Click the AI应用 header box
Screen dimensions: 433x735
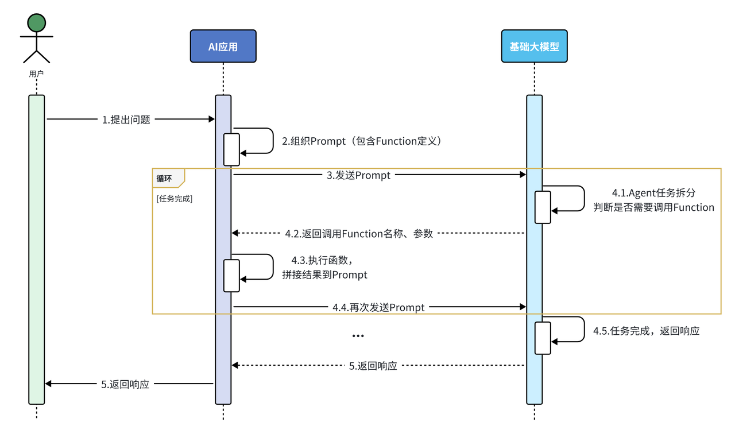(223, 47)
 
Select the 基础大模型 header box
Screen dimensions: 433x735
(534, 47)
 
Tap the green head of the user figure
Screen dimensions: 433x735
(37, 24)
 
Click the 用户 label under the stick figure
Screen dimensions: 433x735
(36, 74)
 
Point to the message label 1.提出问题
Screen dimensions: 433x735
(126, 120)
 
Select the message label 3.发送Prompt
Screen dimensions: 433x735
(359, 175)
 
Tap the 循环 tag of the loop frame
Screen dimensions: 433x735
(165, 179)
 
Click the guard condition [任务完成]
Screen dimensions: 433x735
(174, 199)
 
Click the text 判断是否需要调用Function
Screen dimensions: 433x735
(653, 208)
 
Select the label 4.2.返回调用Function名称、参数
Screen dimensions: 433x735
(359, 234)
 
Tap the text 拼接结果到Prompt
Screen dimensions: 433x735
(325, 275)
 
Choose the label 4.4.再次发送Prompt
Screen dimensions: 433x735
(378, 308)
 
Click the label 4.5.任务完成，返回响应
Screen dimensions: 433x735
(646, 331)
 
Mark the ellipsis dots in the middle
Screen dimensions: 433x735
(358, 336)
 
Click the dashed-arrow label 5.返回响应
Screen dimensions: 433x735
(373, 366)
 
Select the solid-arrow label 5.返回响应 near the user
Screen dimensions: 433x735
(125, 385)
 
